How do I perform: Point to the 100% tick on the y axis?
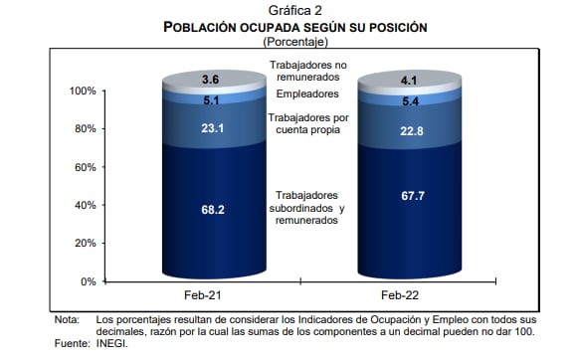point(83,91)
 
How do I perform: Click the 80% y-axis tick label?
point(86,129)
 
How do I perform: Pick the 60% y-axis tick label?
point(86,167)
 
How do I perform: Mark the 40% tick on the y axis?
point(86,205)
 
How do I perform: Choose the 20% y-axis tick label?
point(86,244)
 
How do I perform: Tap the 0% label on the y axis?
point(89,281)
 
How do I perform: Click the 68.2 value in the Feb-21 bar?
point(210,211)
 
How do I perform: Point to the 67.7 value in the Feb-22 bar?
point(408,196)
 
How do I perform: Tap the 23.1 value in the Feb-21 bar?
point(210,128)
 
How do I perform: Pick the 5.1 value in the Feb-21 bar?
point(210,99)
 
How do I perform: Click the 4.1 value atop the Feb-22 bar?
point(408,81)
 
